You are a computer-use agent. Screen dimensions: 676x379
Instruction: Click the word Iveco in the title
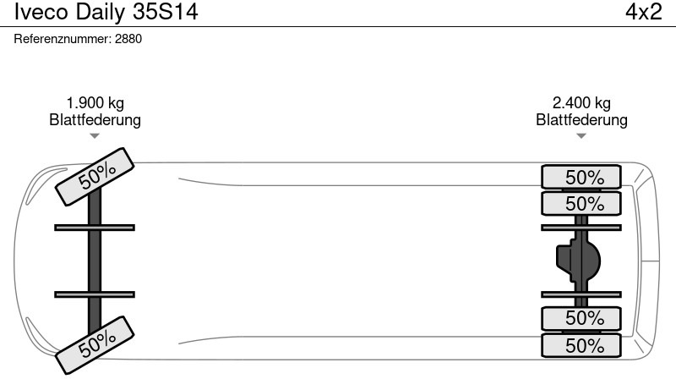click(x=41, y=12)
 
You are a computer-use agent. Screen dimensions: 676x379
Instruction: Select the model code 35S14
click(x=166, y=12)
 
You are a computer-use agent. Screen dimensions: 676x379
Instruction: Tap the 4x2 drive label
click(x=644, y=12)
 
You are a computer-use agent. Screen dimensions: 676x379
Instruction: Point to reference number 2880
click(x=128, y=39)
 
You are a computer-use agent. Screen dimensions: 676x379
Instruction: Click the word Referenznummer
click(x=62, y=39)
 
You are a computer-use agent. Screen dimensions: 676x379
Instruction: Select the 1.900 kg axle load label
click(x=95, y=103)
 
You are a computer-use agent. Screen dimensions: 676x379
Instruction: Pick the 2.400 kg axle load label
click(x=581, y=103)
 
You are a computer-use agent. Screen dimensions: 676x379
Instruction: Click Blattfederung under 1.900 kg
click(x=95, y=119)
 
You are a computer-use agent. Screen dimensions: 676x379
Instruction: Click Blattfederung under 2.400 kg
click(x=581, y=119)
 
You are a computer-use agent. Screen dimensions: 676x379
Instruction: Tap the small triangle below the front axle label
click(x=95, y=136)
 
